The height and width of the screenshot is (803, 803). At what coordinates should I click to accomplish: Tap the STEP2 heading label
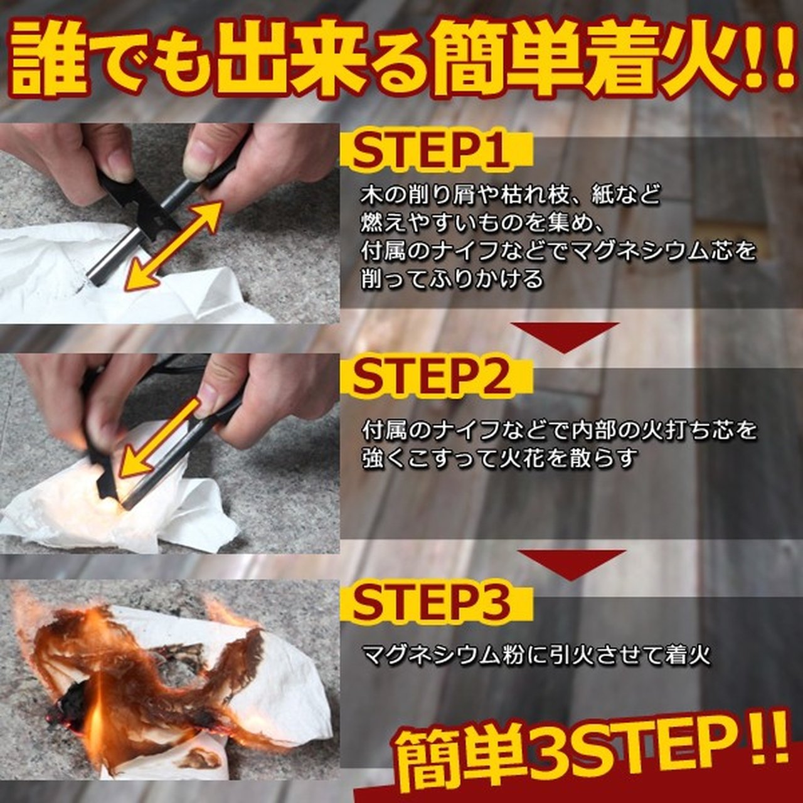pyautogui.click(x=431, y=378)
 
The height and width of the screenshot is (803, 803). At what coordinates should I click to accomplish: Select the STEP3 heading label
pyautogui.click(x=431, y=606)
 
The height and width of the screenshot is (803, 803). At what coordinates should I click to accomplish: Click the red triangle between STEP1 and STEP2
pyautogui.click(x=565, y=337)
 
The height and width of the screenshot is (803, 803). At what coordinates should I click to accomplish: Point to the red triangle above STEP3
pyautogui.click(x=571, y=565)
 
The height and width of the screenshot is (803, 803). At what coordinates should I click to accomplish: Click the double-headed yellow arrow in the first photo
pyautogui.click(x=174, y=245)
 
